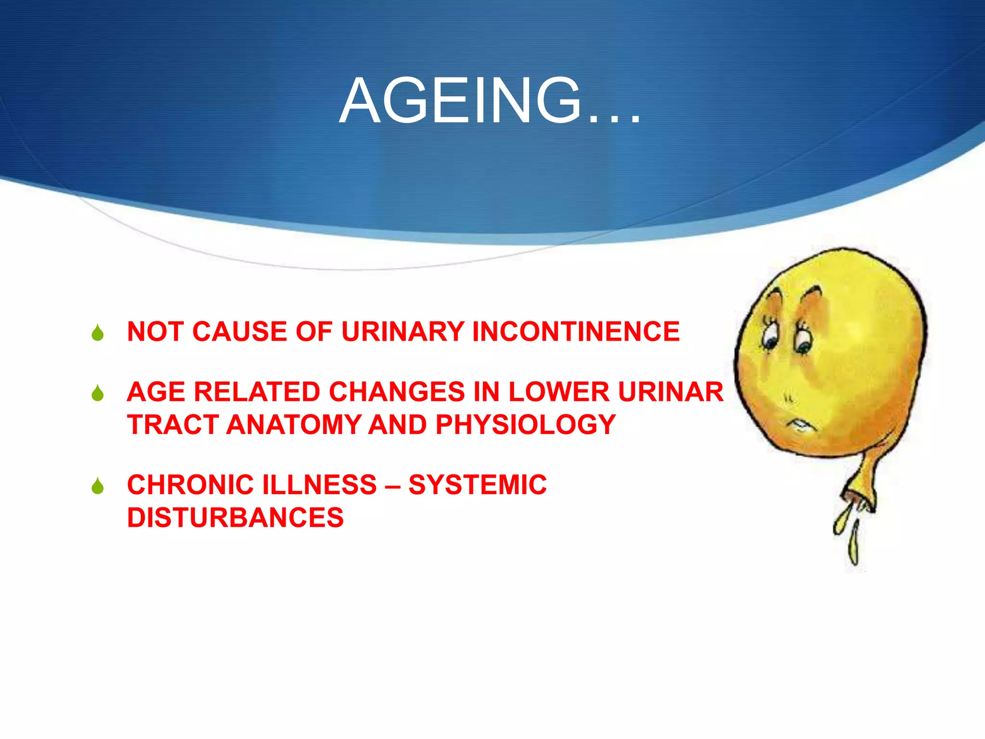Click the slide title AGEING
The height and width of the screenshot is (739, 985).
pyautogui.click(x=490, y=102)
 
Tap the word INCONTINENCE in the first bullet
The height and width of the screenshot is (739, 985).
pyautogui.click(x=576, y=331)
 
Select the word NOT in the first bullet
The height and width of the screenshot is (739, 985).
pyautogui.click(x=154, y=331)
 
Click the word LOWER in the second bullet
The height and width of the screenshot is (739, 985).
pyautogui.click(x=559, y=392)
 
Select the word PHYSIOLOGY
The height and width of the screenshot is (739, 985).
pyautogui.click(x=526, y=425)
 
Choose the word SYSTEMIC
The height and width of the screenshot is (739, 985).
pyautogui.click(x=478, y=484)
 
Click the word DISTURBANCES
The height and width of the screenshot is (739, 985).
pyautogui.click(x=235, y=518)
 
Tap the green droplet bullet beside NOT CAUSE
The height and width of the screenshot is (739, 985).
pyautogui.click(x=98, y=333)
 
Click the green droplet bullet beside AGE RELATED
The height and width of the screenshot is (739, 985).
pyautogui.click(x=98, y=393)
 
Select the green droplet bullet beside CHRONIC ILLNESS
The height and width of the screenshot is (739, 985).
pyautogui.click(x=98, y=486)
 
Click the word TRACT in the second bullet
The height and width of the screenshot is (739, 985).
pyautogui.click(x=172, y=425)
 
